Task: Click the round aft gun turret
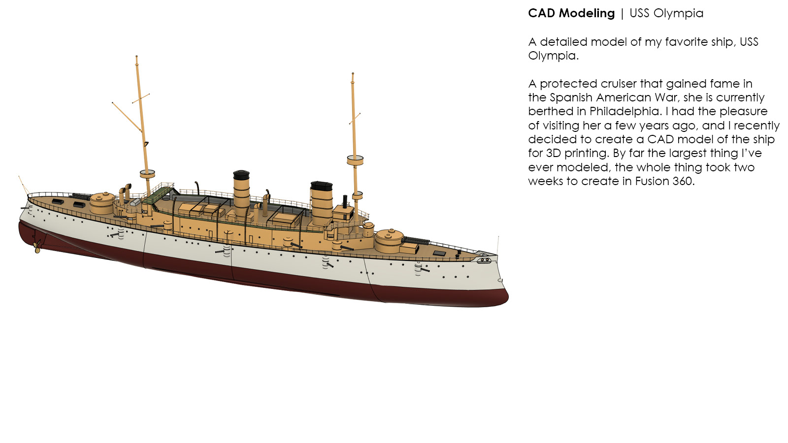pos(102,202)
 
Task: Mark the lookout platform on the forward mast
pos(355,160)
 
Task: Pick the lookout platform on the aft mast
pos(147,174)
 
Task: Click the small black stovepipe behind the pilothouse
pos(345,200)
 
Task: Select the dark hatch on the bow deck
pos(439,253)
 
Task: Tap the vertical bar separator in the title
pos(622,13)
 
